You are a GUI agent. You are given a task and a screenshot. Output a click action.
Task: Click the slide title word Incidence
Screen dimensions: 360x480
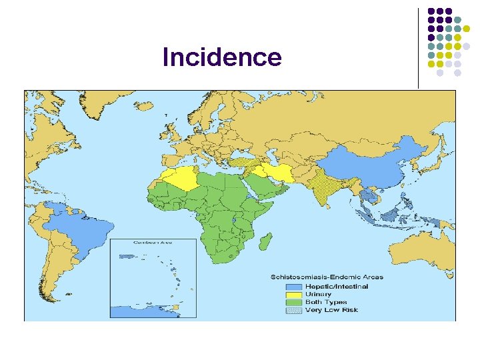click(x=222, y=58)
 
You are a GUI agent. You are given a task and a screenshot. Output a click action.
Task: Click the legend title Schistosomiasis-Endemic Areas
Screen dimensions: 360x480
click(x=327, y=277)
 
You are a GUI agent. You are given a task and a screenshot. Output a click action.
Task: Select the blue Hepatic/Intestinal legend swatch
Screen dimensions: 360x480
click(x=293, y=287)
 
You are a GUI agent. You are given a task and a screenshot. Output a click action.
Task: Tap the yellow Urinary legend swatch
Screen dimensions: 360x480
click(x=293, y=295)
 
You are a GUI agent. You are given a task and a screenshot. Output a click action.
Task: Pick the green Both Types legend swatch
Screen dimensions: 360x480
click(x=293, y=302)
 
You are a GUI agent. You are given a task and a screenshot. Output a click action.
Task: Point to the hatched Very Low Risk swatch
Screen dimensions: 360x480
click(x=293, y=310)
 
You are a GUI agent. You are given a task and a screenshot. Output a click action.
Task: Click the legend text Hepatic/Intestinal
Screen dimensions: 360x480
click(x=336, y=287)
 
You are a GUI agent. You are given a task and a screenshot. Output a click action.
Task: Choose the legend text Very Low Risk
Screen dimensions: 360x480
click(x=331, y=310)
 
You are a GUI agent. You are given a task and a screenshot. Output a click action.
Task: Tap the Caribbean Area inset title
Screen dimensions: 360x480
click(x=153, y=243)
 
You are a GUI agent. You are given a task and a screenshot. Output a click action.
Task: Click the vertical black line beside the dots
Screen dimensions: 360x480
click(x=419, y=47)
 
